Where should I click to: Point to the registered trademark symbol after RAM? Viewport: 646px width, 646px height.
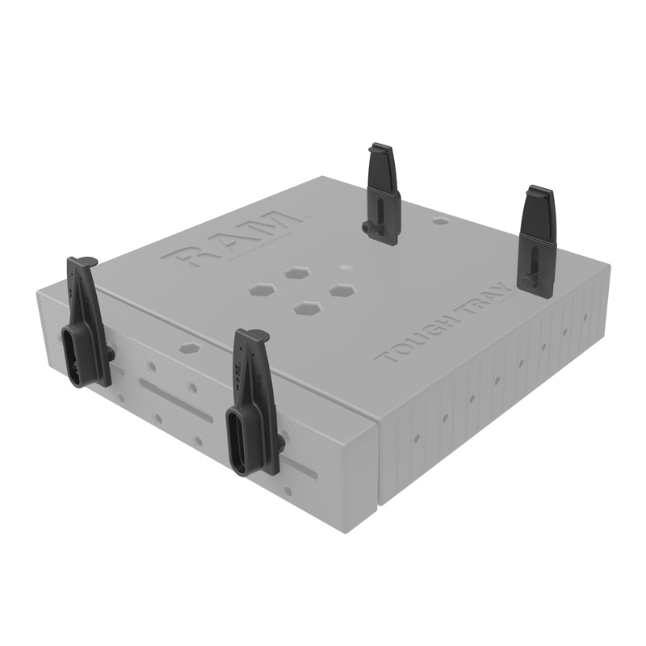tap(308, 216)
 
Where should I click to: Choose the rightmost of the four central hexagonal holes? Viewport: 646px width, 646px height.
tap(343, 288)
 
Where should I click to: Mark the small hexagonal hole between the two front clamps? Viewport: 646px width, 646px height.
tap(189, 348)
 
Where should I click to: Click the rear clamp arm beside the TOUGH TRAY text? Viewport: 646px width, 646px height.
tap(536, 240)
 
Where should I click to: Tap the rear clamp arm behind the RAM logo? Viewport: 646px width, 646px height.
tap(383, 192)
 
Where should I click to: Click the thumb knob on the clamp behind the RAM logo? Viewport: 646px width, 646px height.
tap(369, 229)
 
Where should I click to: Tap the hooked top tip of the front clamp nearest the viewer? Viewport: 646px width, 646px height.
tap(250, 335)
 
